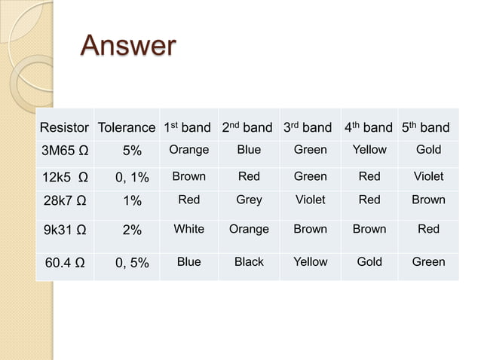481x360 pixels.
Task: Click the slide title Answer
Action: click(128, 46)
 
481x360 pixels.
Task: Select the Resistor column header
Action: click(64, 127)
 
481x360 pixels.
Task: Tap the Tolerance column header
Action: click(127, 127)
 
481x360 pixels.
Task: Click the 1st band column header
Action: click(187, 127)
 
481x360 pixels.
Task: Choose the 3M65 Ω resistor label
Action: click(64, 151)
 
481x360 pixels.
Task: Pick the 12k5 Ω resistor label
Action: click(64, 177)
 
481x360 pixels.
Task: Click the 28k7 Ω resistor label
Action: click(64, 200)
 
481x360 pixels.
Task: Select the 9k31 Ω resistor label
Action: click(64, 230)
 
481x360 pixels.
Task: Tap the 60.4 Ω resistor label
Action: click(64, 263)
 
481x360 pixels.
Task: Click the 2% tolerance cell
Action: click(132, 230)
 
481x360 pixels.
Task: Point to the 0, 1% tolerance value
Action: click(132, 177)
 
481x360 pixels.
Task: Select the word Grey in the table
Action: click(249, 200)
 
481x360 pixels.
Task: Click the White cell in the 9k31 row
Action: click(188, 229)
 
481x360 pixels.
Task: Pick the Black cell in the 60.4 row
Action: click(249, 262)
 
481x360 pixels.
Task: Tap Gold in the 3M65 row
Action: click(428, 150)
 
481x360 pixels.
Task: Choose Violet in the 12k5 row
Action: click(428, 176)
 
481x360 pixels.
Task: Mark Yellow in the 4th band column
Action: click(369, 150)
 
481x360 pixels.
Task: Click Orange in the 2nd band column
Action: click(249, 229)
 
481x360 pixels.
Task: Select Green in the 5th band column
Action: click(428, 262)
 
